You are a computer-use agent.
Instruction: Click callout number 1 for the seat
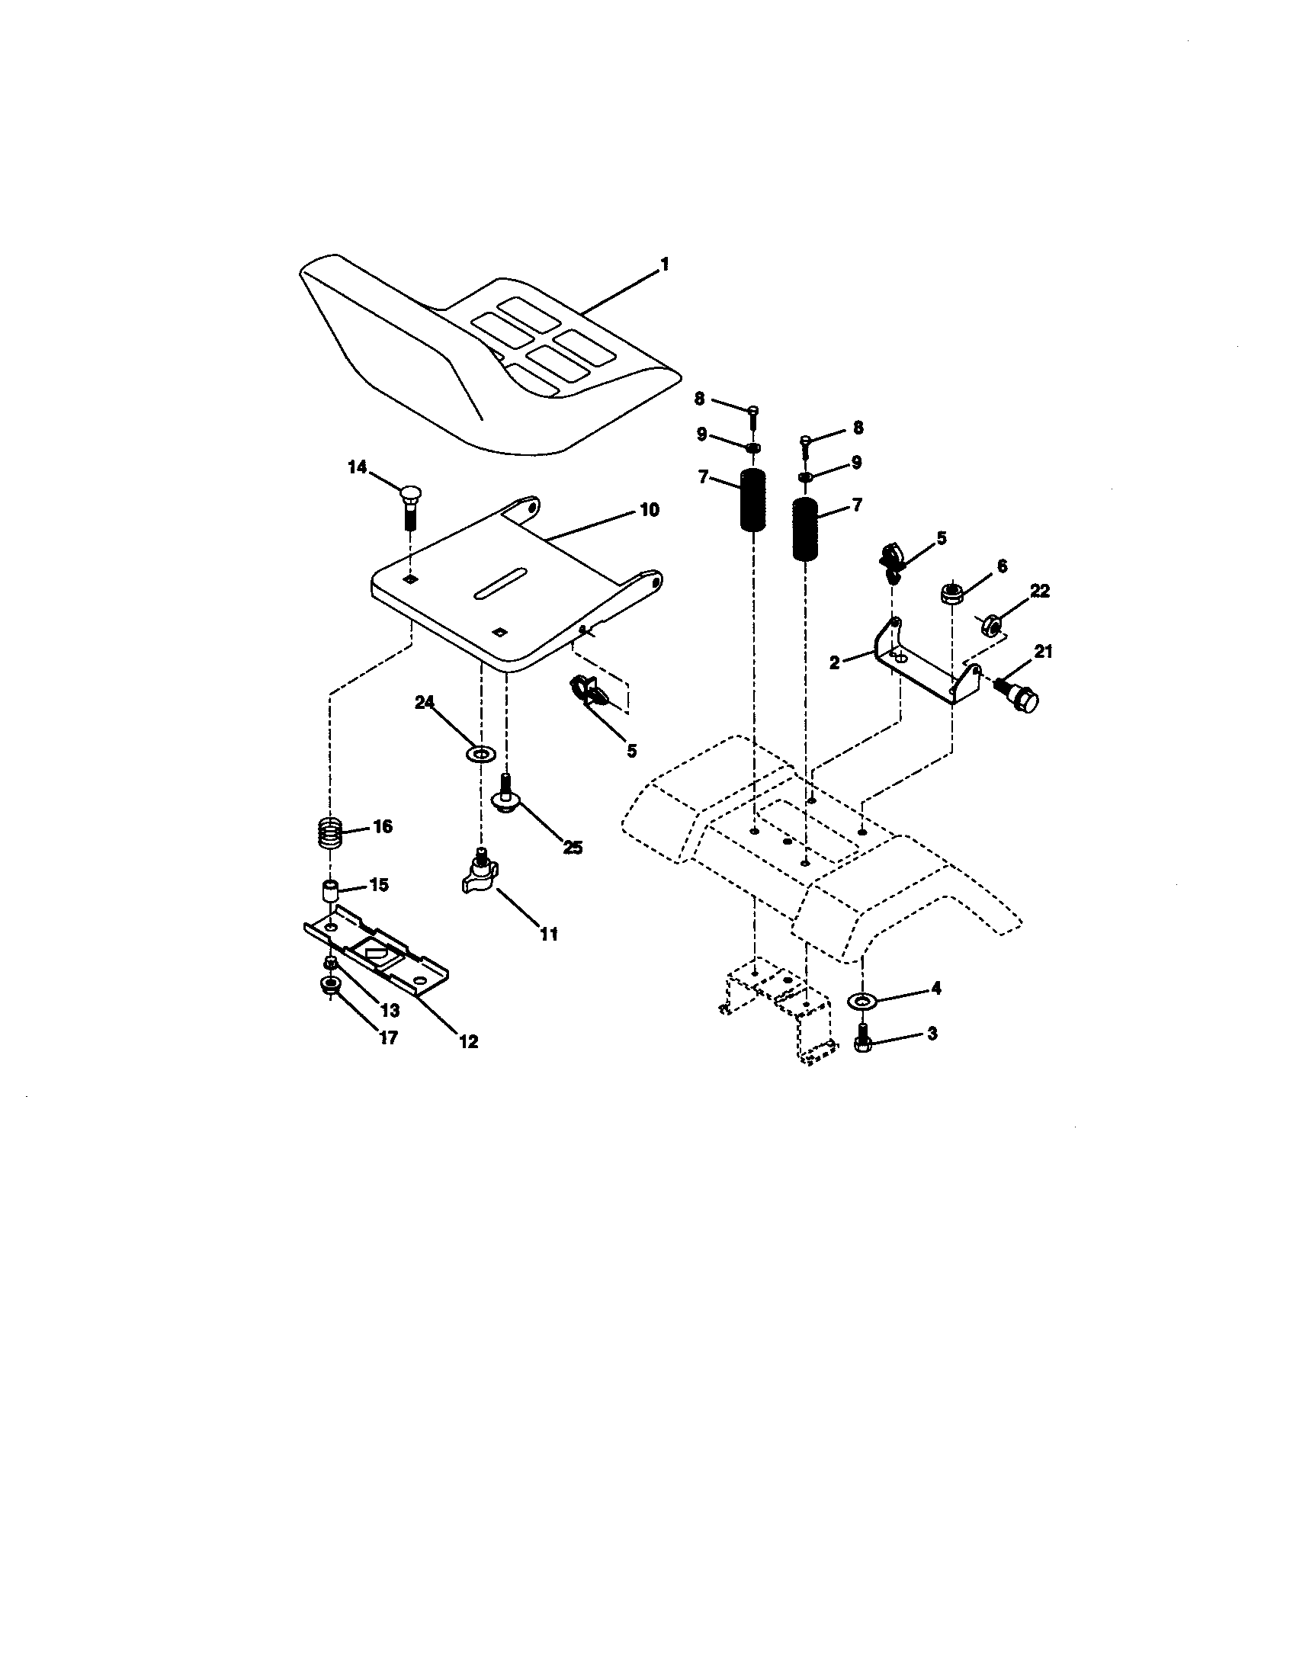coord(664,265)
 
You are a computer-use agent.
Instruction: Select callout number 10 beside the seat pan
coord(649,510)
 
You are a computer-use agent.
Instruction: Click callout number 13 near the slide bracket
coord(390,1012)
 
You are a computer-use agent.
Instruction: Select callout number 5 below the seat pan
coord(631,750)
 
